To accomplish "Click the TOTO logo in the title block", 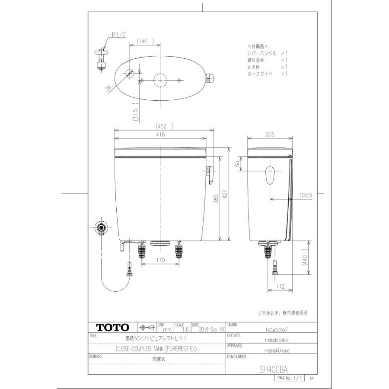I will tap(112, 327).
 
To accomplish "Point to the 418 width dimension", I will tap(160, 135).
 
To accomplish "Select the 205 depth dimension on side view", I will tap(270, 135).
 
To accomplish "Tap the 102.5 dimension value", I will tap(305, 195).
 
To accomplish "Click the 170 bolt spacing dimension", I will tap(160, 261).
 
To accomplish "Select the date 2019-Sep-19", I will tap(212, 329).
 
